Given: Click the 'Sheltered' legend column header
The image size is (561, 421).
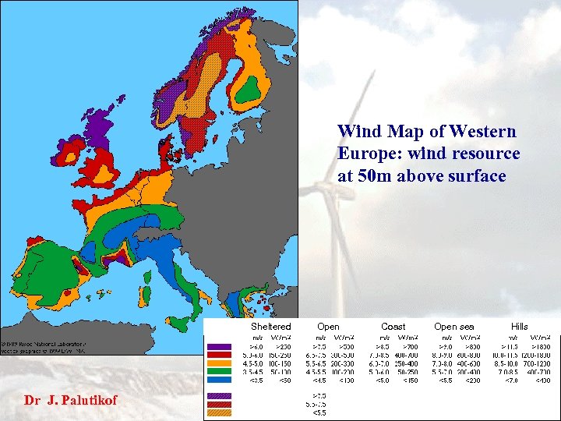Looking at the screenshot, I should [270, 326].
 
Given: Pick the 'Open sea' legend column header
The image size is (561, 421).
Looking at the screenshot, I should [453, 326].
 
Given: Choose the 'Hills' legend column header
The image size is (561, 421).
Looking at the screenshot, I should [519, 326].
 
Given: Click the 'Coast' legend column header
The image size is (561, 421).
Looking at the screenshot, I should [393, 326].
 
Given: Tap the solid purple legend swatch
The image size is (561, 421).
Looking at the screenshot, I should [221, 346].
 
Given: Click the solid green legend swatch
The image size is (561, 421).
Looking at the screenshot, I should [221, 373].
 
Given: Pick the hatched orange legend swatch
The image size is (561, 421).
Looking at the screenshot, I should [221, 414].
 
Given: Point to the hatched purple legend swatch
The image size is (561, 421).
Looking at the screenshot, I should [221, 396].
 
